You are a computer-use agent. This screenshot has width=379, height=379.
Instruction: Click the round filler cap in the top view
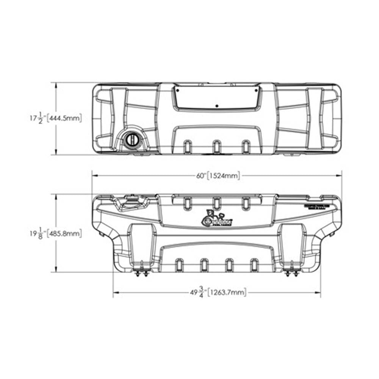point(133,139)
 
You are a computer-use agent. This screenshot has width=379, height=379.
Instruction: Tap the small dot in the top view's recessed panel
point(216,106)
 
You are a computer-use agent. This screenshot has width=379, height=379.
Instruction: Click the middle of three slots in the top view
point(216,147)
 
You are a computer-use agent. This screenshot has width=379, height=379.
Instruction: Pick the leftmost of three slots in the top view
point(187,147)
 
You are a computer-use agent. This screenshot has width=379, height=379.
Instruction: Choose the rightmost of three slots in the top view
point(246,147)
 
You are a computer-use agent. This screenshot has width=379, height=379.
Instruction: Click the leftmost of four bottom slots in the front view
point(179,265)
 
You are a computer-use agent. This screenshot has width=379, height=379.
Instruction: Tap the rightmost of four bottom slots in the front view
point(254,265)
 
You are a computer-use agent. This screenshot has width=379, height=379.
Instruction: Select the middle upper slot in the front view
point(216,203)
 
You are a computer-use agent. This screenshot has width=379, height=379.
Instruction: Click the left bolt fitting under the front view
point(141,271)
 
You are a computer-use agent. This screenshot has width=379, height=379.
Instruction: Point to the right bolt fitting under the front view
point(292,271)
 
